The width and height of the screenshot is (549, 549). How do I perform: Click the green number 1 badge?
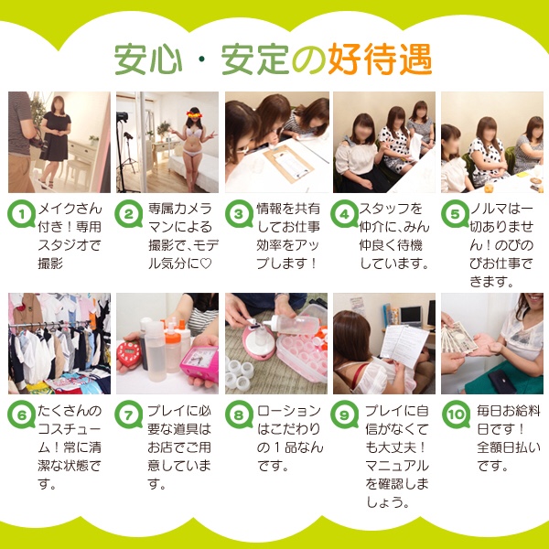coord(22,213)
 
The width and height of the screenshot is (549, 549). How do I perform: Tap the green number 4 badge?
coord(345,213)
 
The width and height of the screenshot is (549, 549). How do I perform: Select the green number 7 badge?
coord(129,414)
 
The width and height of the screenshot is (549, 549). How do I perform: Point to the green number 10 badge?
coord(457,414)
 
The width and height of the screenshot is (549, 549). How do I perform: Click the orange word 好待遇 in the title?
coord(380,59)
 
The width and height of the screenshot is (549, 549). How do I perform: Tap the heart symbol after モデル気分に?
coord(205,264)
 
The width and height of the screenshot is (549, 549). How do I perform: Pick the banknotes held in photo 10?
coord(459,338)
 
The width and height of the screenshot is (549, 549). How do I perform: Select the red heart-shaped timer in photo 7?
coord(129,353)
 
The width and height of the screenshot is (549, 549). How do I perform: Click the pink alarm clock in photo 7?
coord(199,364)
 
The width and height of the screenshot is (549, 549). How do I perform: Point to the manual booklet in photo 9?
coord(404,346)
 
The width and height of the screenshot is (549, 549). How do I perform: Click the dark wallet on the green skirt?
coord(501,382)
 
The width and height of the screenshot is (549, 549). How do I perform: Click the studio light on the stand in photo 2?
coord(122,117)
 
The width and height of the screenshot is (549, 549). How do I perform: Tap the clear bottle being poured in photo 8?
coord(293,324)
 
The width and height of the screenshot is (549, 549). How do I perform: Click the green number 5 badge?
coord(455,213)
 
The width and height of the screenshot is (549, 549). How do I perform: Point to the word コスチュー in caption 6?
coord(70,429)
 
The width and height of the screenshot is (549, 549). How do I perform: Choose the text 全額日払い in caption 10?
coord(509,447)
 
